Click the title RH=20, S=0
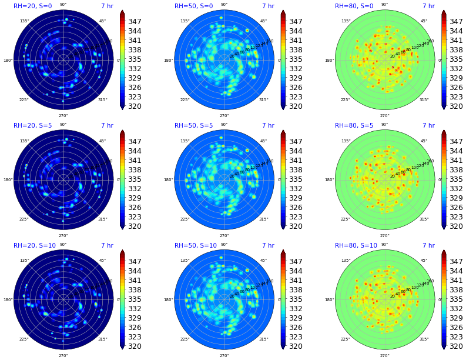click(32, 6)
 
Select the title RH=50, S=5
click(193, 126)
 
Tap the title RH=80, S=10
click(356, 246)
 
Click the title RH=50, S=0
click(193, 6)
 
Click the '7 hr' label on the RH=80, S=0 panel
click(428, 6)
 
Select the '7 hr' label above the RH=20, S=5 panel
click(107, 126)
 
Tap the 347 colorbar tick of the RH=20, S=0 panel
click(135, 22)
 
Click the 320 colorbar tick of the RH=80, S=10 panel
click(457, 346)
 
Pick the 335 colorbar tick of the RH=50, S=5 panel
click(296, 179)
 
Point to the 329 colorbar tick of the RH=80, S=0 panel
click(457, 78)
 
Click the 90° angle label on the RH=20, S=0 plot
click(63, 5)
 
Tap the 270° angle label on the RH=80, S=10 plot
click(384, 355)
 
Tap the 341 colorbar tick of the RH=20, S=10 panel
click(135, 281)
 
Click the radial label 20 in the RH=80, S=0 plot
click(393, 56)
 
